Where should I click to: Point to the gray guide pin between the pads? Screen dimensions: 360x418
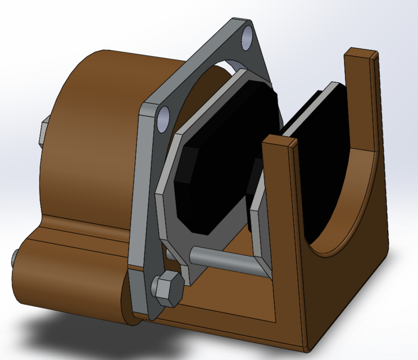pos(225,259)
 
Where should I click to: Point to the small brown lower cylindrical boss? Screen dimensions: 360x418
pos(67,281)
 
